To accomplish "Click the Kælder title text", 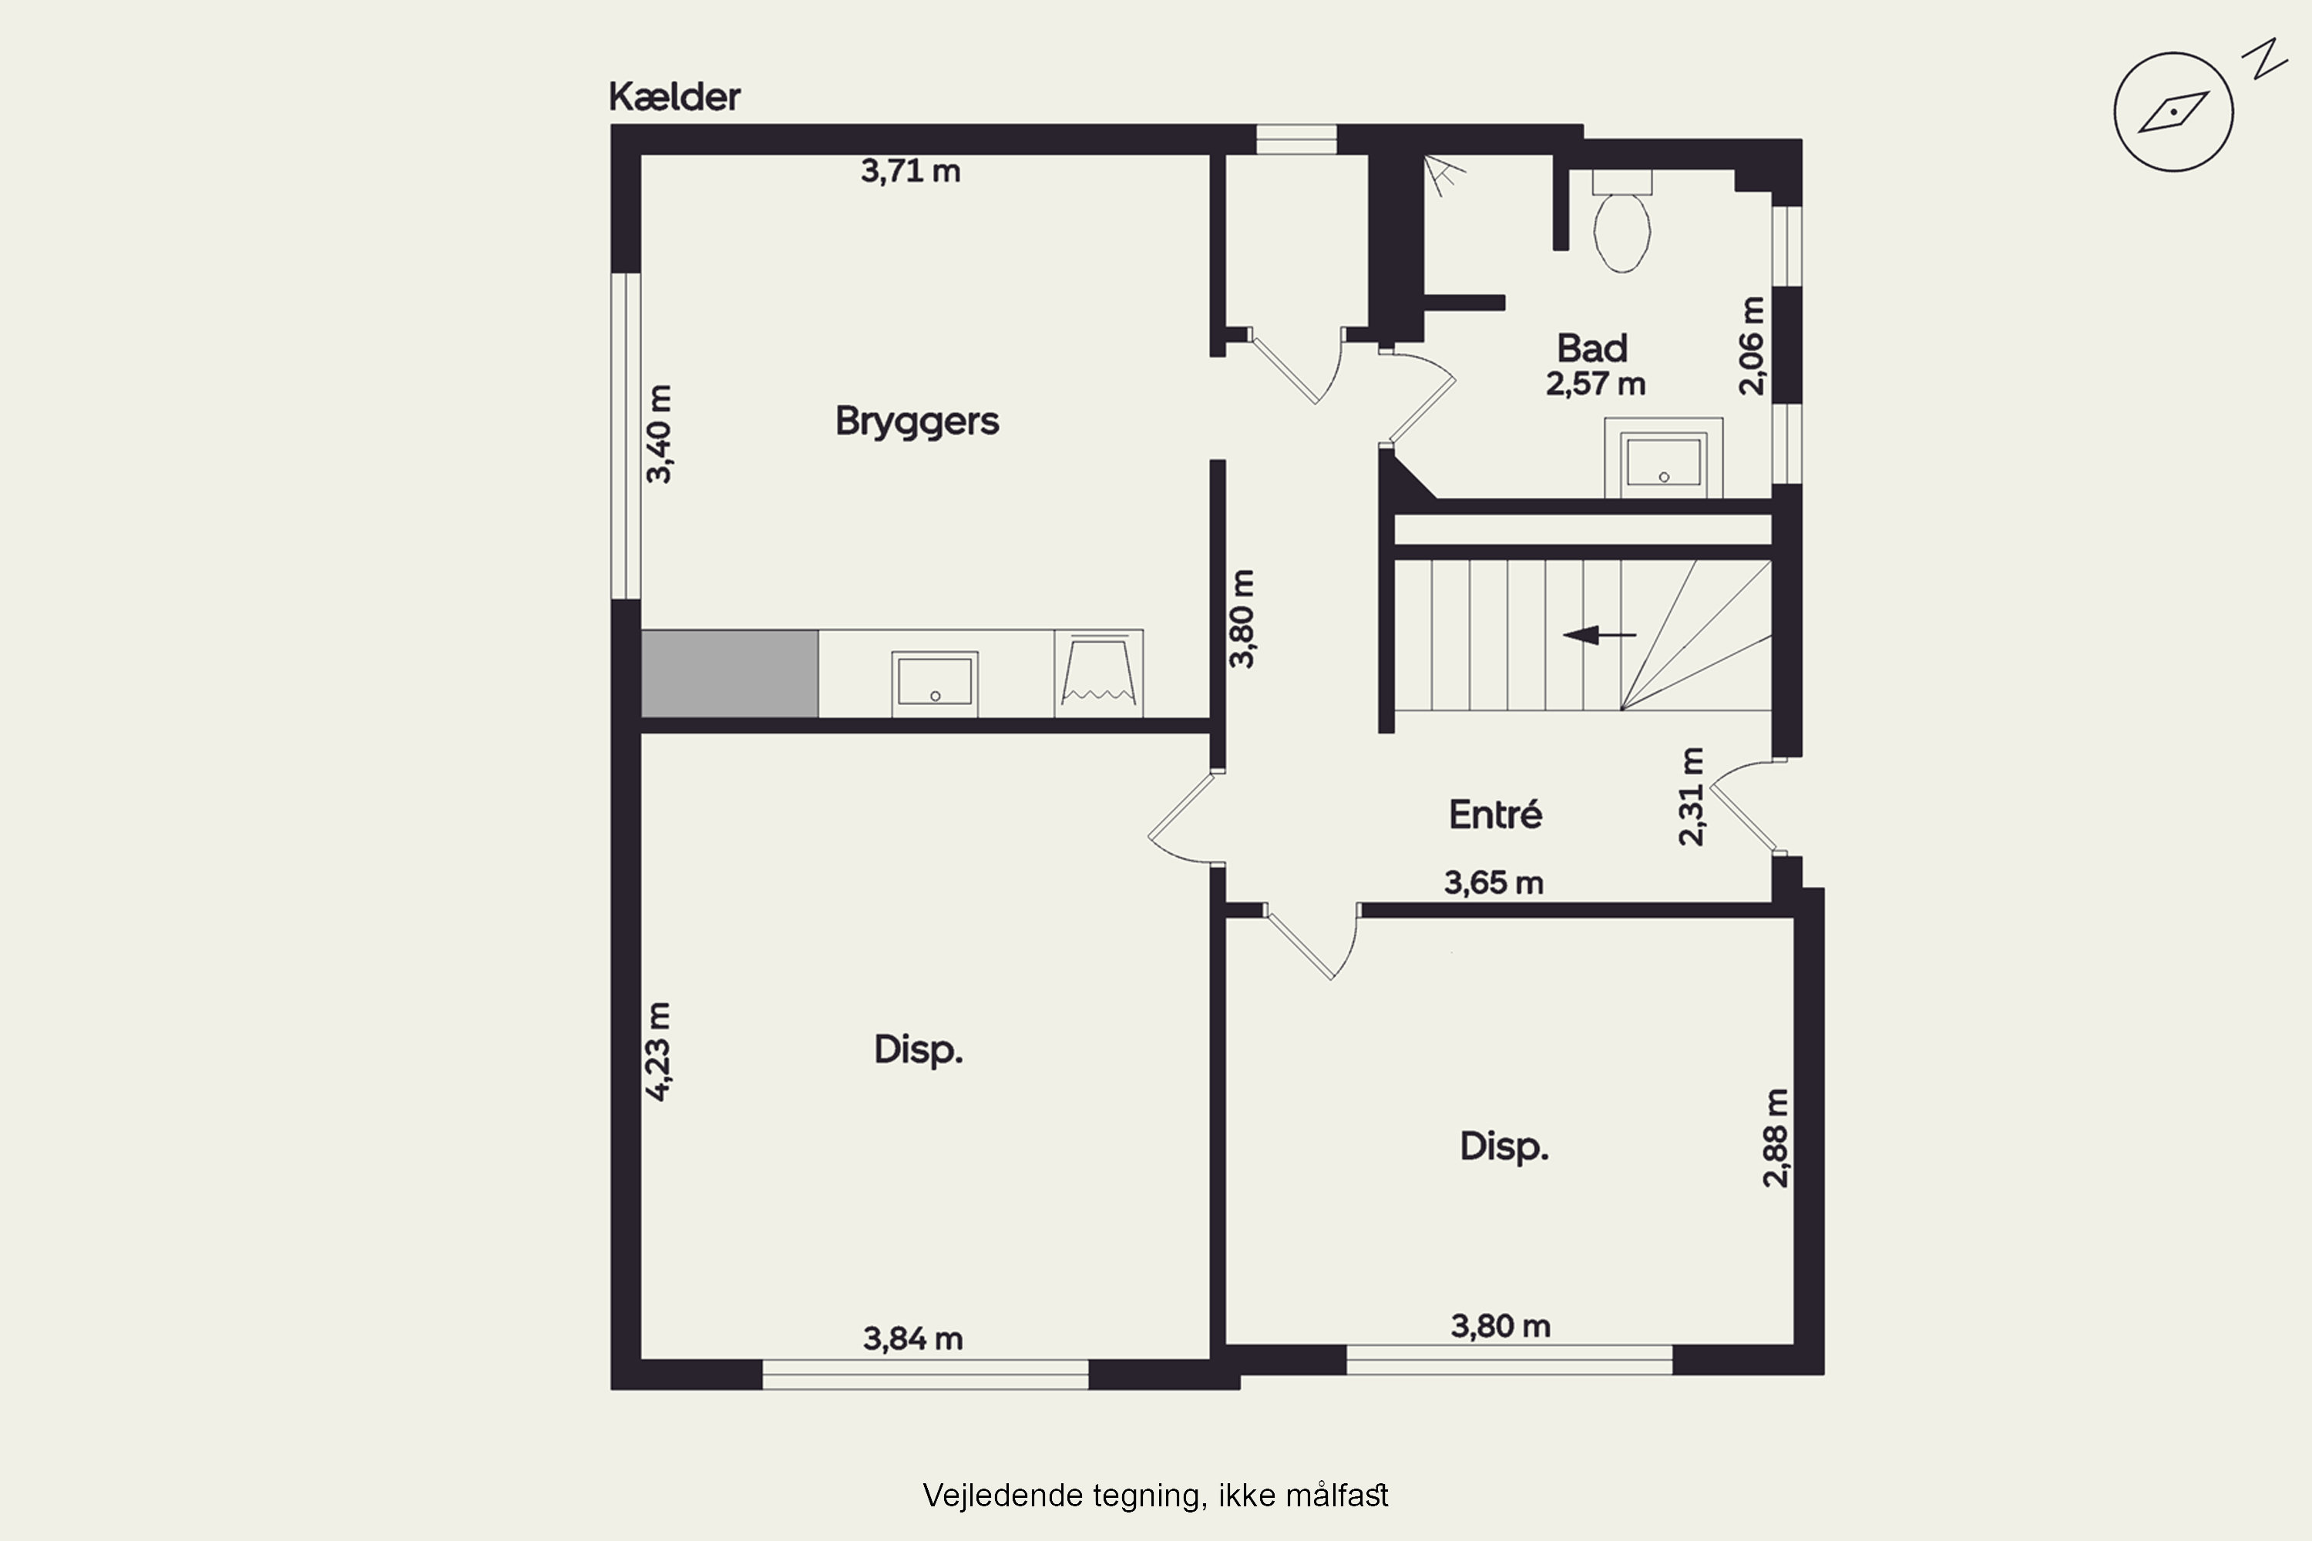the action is click(674, 96).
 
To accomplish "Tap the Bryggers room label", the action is click(917, 421).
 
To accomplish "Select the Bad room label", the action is click(1592, 348).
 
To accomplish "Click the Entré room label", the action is click(1495, 813).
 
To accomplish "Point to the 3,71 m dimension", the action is click(910, 171).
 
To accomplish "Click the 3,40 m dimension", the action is click(660, 433).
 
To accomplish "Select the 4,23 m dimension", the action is click(659, 1051).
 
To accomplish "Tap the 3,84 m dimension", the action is click(912, 1338).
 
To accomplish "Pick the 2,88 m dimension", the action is click(1776, 1137).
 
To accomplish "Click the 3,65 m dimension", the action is click(1494, 882).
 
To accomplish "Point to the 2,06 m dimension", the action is click(1752, 345).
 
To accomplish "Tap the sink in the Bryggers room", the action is click(935, 683).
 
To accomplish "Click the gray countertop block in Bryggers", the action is click(729, 673).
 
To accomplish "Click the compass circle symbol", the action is click(2173, 112).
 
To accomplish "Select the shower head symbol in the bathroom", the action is click(1443, 174).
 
